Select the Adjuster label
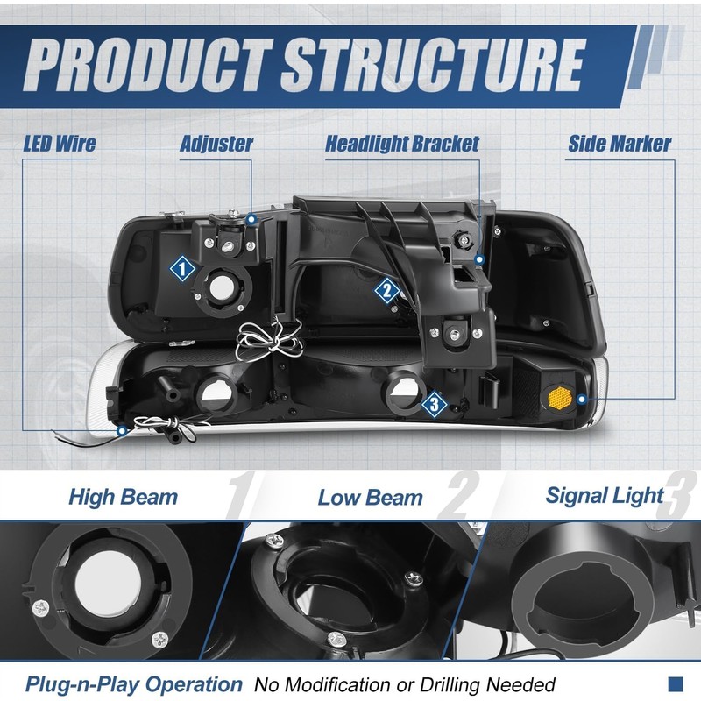[x=216, y=144]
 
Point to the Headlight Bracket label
[x=402, y=144]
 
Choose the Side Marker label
[x=620, y=144]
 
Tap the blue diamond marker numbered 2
[x=386, y=290]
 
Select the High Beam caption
[x=123, y=498]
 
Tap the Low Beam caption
[x=370, y=498]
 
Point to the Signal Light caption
[x=605, y=495]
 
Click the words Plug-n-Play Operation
[x=134, y=684]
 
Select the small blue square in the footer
[x=675, y=683]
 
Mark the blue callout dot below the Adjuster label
[x=251, y=216]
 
